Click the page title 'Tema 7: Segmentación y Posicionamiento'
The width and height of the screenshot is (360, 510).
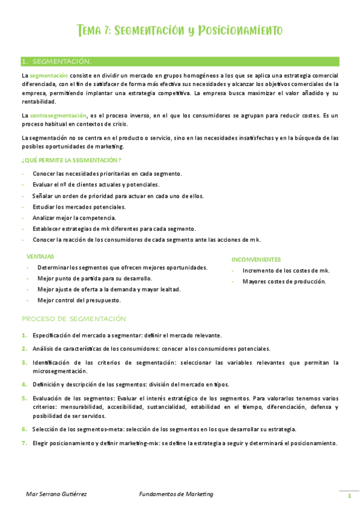pos(180,31)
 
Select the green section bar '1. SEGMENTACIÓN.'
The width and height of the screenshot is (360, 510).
pos(180,61)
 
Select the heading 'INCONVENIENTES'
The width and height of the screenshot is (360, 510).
pos(256,260)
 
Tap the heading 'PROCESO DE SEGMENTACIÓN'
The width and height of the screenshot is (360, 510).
pos(73,318)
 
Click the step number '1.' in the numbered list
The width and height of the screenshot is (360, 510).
pos(24,335)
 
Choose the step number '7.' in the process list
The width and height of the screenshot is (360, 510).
pos(24,443)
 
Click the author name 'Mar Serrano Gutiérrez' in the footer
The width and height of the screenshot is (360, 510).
pos(56,494)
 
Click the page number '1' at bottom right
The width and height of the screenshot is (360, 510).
pos(348,496)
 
